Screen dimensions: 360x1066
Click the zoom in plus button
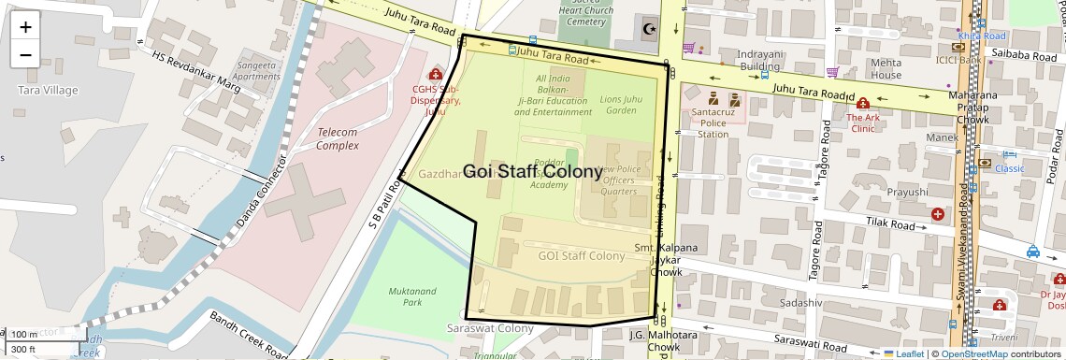point(25,26)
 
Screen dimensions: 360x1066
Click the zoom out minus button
point(25,54)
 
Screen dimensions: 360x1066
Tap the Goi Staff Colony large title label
point(532,172)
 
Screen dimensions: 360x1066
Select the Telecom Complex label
point(338,138)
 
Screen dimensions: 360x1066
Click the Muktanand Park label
point(412,296)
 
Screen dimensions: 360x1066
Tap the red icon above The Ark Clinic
point(862,103)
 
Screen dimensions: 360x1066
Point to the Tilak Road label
point(887,225)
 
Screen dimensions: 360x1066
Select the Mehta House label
point(886,68)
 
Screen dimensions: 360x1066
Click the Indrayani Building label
point(759,60)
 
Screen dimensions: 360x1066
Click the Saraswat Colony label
point(490,328)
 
